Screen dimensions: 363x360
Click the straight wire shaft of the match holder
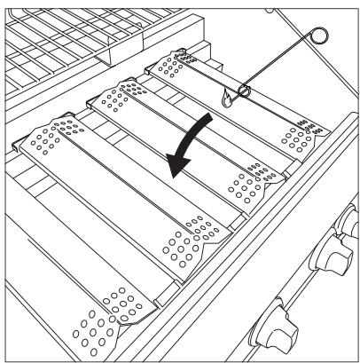[280, 62]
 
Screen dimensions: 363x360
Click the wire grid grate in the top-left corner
[53, 36]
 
